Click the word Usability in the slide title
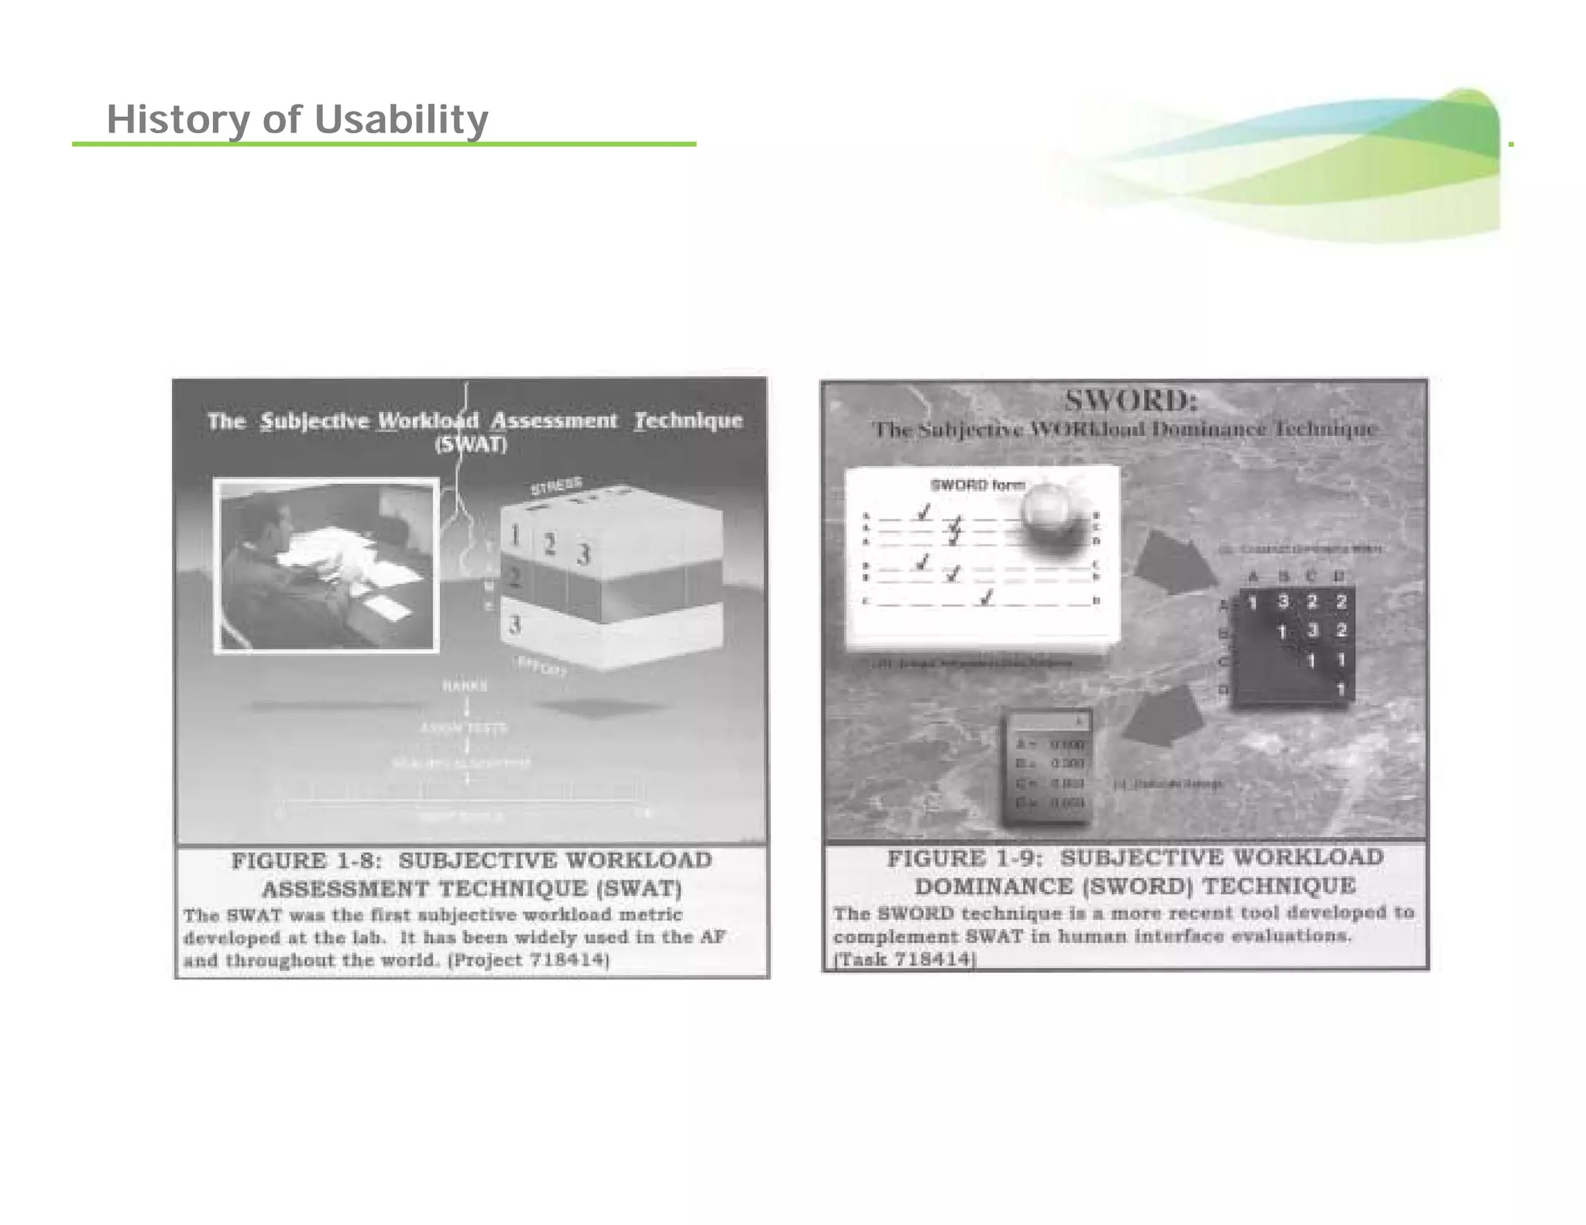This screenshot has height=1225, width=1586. click(400, 120)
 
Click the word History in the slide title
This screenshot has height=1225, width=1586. click(178, 120)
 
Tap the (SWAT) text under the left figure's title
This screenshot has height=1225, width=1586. click(470, 445)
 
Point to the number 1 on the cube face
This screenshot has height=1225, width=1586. click(513, 534)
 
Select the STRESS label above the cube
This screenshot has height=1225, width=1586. click(555, 486)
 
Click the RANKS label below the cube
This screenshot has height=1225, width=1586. click(465, 686)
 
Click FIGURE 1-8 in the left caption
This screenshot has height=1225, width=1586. click(301, 861)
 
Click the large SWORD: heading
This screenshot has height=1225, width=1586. click(1130, 401)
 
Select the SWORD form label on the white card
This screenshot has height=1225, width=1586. click(977, 486)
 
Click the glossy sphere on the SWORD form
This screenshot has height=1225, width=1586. click(1046, 511)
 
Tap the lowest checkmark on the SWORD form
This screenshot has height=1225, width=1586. click(986, 598)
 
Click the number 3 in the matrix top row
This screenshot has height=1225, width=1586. click(1283, 602)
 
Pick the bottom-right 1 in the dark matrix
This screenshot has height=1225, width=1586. click(1341, 689)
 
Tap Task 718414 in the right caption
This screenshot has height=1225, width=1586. click(904, 959)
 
